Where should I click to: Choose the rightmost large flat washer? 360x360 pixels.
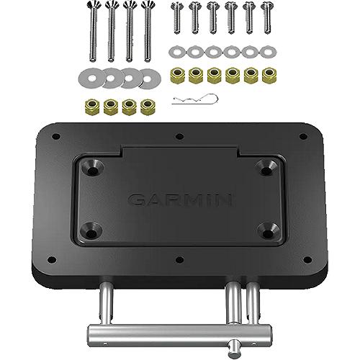click(x=149, y=77)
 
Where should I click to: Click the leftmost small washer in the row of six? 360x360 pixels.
click(x=175, y=52)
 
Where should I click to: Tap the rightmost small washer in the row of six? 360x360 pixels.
click(x=269, y=52)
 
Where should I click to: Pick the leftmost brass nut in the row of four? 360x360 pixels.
click(x=92, y=106)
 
